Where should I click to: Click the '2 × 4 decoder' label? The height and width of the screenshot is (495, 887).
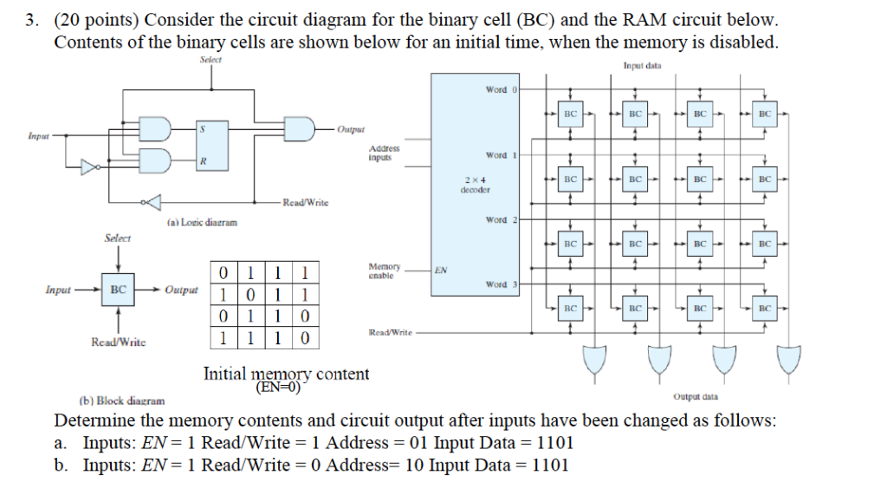[476, 184]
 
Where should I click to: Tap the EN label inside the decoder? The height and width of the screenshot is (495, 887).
[441, 270]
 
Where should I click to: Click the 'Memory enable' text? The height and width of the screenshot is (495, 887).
[385, 270]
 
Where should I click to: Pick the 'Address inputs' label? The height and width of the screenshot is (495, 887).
[384, 153]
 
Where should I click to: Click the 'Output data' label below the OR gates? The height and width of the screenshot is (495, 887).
[695, 396]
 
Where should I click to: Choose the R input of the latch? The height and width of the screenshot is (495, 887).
[204, 161]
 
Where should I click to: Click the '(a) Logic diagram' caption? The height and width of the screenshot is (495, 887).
[200, 223]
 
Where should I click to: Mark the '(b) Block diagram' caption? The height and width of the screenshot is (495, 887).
[121, 401]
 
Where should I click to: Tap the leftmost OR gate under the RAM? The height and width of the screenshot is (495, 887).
[594, 358]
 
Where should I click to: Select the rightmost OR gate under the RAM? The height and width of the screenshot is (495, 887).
[789, 358]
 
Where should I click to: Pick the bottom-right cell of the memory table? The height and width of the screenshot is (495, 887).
[305, 336]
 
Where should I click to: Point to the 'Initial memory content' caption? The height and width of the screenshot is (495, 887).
[286, 375]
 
